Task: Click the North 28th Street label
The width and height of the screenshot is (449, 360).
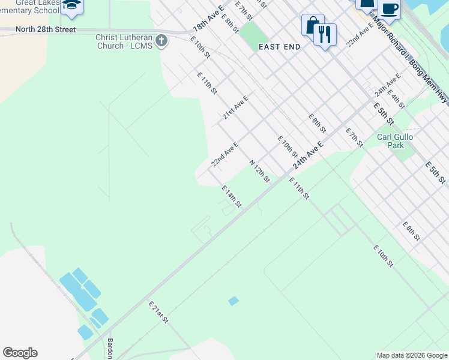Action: (x=46, y=29)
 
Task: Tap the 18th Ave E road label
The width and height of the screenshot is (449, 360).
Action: (x=208, y=19)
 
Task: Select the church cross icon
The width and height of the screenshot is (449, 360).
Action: (x=161, y=41)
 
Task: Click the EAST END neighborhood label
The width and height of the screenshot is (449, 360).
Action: (x=279, y=46)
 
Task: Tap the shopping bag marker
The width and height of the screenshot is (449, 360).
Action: (x=312, y=25)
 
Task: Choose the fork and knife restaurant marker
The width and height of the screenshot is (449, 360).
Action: (x=325, y=34)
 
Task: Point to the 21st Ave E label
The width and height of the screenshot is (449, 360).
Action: (x=235, y=107)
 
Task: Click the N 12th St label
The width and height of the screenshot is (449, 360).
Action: (x=259, y=171)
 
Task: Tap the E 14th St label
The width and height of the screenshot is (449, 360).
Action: (x=231, y=196)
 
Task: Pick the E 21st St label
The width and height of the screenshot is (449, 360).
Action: (x=157, y=313)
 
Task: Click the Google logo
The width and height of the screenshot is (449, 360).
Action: (x=20, y=353)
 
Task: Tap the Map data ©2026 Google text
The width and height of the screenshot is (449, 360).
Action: (x=411, y=355)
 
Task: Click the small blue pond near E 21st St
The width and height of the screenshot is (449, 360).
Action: (x=234, y=301)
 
